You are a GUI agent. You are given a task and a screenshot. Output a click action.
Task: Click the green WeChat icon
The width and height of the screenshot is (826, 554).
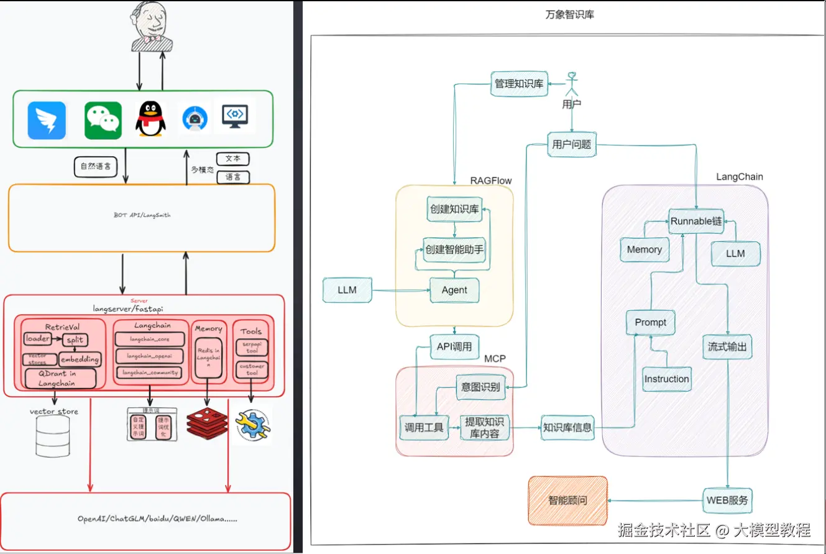pos(103,120)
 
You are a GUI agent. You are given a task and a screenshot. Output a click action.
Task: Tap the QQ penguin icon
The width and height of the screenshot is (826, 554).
pos(150,119)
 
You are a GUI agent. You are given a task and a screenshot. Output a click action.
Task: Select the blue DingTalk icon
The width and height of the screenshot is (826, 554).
pos(47,120)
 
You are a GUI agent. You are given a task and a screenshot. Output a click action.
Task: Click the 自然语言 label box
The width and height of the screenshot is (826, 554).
pos(96,167)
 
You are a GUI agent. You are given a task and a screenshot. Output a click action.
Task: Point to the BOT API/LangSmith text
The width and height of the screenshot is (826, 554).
pos(142,215)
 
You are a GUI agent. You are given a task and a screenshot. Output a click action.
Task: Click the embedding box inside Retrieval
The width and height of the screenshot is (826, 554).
pos(80,359)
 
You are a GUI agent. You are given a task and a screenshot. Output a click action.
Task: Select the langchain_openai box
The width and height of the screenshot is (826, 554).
pos(150,356)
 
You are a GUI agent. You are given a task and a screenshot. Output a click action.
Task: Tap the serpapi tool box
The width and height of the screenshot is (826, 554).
pos(252,347)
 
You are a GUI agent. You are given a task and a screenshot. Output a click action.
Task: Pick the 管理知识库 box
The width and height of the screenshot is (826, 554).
pos(519,83)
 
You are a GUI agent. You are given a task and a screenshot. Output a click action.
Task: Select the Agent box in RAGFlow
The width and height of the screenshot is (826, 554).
pos(454,290)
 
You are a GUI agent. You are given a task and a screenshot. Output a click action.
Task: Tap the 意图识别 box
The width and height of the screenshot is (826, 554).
pos(480,387)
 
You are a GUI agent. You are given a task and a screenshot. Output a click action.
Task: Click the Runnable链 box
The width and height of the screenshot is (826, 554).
pos(696,221)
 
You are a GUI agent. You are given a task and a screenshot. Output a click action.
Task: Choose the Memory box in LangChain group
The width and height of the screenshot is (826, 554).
pos(644,249)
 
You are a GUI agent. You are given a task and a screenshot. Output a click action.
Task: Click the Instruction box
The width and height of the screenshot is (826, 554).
pos(666,379)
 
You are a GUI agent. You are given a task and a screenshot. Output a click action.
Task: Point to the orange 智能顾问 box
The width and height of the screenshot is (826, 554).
pos(567,500)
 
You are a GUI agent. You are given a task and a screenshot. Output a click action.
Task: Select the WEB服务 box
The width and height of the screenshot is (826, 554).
pos(728,500)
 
